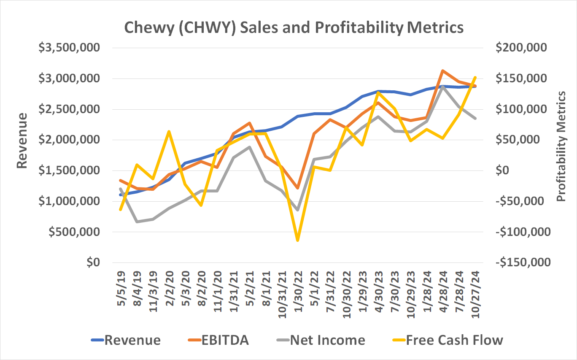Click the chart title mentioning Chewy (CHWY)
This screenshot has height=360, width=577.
point(294,28)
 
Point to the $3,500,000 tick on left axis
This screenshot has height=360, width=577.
point(69,48)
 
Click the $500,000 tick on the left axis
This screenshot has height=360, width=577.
point(73,232)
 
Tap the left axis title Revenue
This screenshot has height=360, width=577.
point(22,140)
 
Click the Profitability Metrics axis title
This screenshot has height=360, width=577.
point(561,146)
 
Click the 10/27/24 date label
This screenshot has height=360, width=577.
point(475,291)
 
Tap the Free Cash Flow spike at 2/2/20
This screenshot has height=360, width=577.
point(169,132)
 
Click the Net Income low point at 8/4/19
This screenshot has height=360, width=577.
point(137,222)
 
